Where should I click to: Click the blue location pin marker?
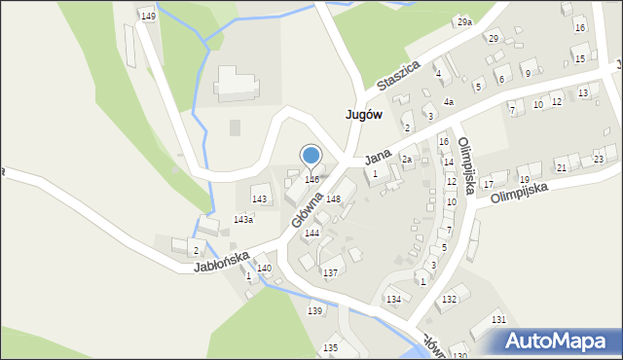[311, 156]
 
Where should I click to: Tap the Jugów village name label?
[363, 114]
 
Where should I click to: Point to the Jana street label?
[378, 156]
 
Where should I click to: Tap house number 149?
[147, 17]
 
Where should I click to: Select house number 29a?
[464, 21]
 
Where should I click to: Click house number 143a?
[243, 220]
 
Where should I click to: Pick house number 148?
[333, 198]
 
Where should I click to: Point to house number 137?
[330, 273]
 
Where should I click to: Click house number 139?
[314, 310]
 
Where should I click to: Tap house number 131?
[498, 319]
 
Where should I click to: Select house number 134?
[393, 299]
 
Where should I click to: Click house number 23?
[598, 159]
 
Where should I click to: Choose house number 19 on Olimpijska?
[524, 180]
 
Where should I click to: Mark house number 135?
[330, 347]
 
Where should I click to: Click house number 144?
[312, 234]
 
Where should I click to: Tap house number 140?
[264, 268]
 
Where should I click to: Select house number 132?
[448, 299]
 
